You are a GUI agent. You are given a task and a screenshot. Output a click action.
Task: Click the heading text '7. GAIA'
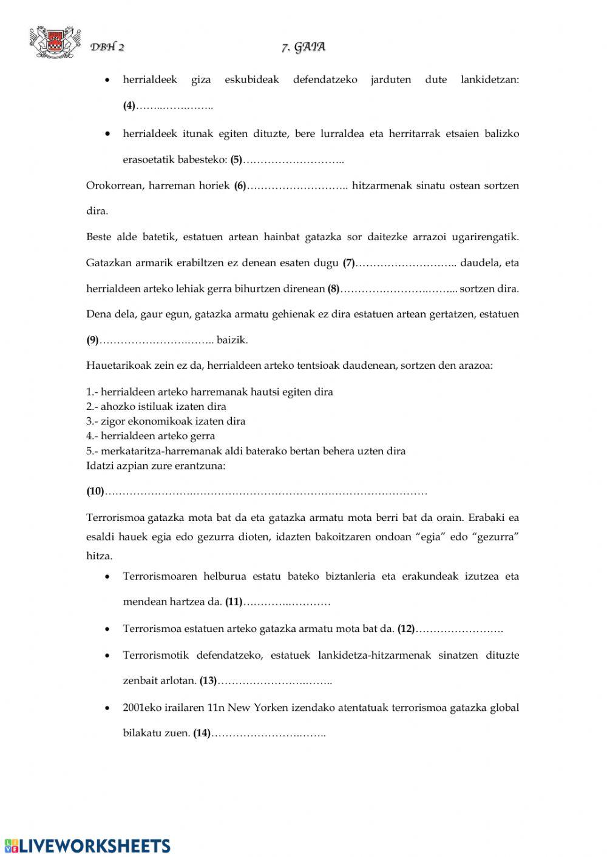pyautogui.click(x=303, y=47)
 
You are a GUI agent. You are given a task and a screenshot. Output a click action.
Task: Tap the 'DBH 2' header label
pyautogui.click(x=107, y=48)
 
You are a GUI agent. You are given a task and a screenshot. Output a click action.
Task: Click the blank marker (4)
pyautogui.click(x=129, y=106)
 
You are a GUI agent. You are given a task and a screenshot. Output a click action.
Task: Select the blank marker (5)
pyautogui.click(x=236, y=160)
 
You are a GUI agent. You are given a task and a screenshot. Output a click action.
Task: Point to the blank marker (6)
pyautogui.click(x=240, y=186)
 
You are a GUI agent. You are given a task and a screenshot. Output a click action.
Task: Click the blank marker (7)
pyautogui.click(x=348, y=263)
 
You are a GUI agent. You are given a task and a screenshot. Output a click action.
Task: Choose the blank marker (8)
pyautogui.click(x=334, y=289)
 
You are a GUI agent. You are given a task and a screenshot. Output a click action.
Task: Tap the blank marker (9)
pyautogui.click(x=92, y=340)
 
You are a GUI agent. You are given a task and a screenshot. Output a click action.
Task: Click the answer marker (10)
pyautogui.click(x=95, y=492)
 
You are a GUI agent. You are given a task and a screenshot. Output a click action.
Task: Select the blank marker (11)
pyautogui.click(x=234, y=602)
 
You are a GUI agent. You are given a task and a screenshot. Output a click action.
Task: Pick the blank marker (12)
pyautogui.click(x=406, y=629)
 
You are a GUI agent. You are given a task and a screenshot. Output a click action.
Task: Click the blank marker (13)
pyautogui.click(x=208, y=681)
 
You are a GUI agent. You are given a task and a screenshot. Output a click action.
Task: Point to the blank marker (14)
pyautogui.click(x=202, y=733)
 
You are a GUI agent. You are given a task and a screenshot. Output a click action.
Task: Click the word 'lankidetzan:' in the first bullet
pyautogui.click(x=490, y=79)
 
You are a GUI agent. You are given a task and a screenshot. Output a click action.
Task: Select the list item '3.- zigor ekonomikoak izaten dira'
pyautogui.click(x=166, y=421)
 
